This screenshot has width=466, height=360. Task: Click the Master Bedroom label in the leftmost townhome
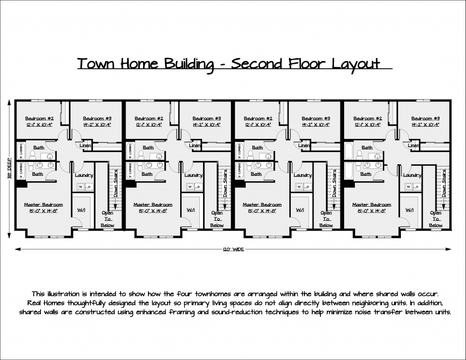coord(44,205)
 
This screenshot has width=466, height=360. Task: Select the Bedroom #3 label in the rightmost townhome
coord(425,118)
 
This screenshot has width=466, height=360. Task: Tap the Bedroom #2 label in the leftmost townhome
coord(40,118)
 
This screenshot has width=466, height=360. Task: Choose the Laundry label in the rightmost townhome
coord(412,175)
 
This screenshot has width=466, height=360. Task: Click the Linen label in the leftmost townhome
coord(86,146)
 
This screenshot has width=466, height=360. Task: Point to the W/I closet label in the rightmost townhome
coord(410,210)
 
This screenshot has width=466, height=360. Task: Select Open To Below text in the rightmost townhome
coord(436,219)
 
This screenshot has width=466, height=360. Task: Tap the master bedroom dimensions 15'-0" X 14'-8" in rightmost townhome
coord(372,211)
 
